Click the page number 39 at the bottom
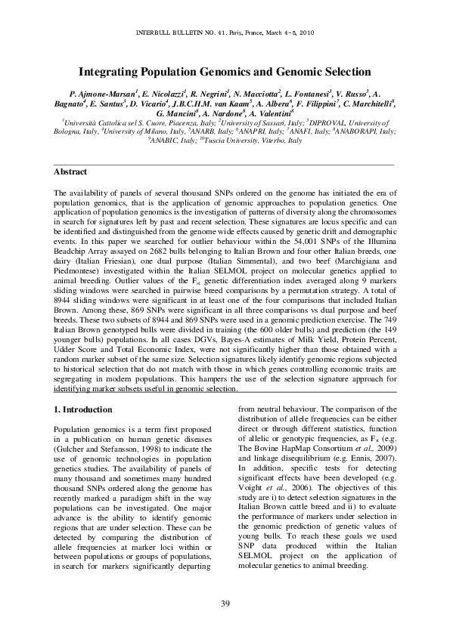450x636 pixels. (x=225, y=601)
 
